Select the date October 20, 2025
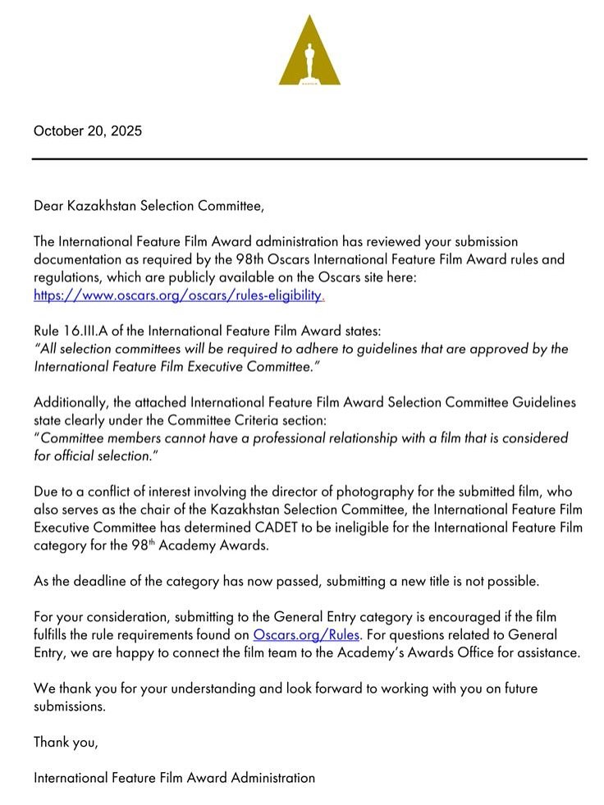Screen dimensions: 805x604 pyautogui.click(x=87, y=130)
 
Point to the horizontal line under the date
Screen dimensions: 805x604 pyautogui.click(x=309, y=158)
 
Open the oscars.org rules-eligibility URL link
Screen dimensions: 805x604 pyautogui.click(x=178, y=295)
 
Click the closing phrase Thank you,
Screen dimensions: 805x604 pyautogui.click(x=66, y=742)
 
